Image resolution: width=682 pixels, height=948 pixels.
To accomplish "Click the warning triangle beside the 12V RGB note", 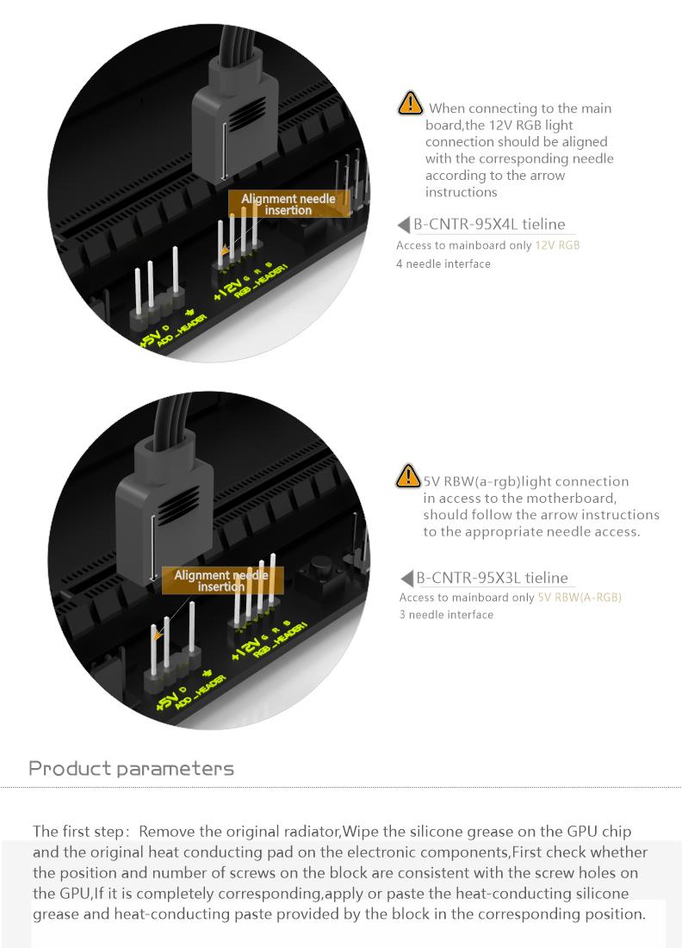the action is click(410, 102).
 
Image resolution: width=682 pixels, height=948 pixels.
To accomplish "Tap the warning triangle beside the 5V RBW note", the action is click(407, 475).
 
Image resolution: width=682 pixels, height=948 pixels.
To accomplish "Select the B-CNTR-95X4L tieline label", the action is click(490, 225).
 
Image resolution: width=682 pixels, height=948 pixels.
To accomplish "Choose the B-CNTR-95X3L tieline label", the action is click(493, 578).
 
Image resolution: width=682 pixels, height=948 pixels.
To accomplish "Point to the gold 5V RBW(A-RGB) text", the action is click(580, 598).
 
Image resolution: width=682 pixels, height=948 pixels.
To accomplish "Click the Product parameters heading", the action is click(131, 768).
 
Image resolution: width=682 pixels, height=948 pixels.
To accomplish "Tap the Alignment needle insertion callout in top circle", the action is click(288, 204).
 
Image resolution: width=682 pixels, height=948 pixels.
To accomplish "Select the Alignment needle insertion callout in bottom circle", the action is click(222, 580).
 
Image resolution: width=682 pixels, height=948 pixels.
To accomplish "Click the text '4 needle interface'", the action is click(443, 263).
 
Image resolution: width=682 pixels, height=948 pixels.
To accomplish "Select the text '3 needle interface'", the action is click(446, 615).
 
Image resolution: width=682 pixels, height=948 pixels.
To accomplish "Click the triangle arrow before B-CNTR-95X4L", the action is click(404, 225).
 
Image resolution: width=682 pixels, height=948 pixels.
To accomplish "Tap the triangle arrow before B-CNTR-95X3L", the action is click(407, 578).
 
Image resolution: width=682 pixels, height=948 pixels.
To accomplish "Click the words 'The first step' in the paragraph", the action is click(77, 831).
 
